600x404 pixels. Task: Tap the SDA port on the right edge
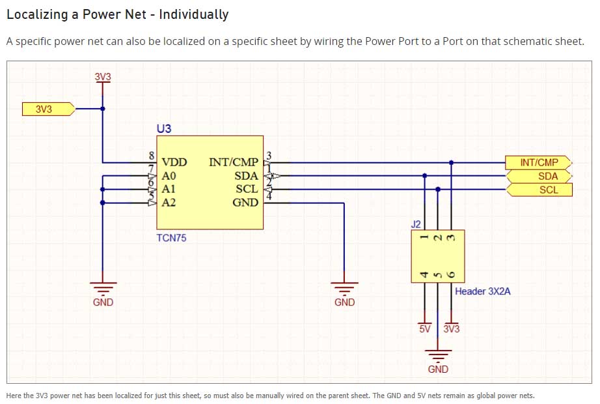point(539,176)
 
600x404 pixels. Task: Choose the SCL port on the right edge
point(539,190)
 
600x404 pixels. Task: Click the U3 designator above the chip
point(163,129)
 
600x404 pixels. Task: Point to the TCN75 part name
point(171,238)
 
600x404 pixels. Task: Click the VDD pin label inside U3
point(174,162)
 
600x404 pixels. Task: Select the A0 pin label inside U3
point(169,176)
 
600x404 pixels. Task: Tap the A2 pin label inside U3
point(169,203)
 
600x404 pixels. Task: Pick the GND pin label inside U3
point(245,203)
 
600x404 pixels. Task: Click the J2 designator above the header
point(416,224)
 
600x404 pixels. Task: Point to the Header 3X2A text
point(482,291)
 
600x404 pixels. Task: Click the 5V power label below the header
point(425,329)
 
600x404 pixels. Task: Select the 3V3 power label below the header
point(452,329)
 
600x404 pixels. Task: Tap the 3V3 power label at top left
point(103,77)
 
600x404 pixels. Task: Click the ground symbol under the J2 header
point(438,356)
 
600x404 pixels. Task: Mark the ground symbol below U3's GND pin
point(344,287)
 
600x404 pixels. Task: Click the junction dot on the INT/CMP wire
point(451,162)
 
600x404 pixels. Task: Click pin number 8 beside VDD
point(152,156)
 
